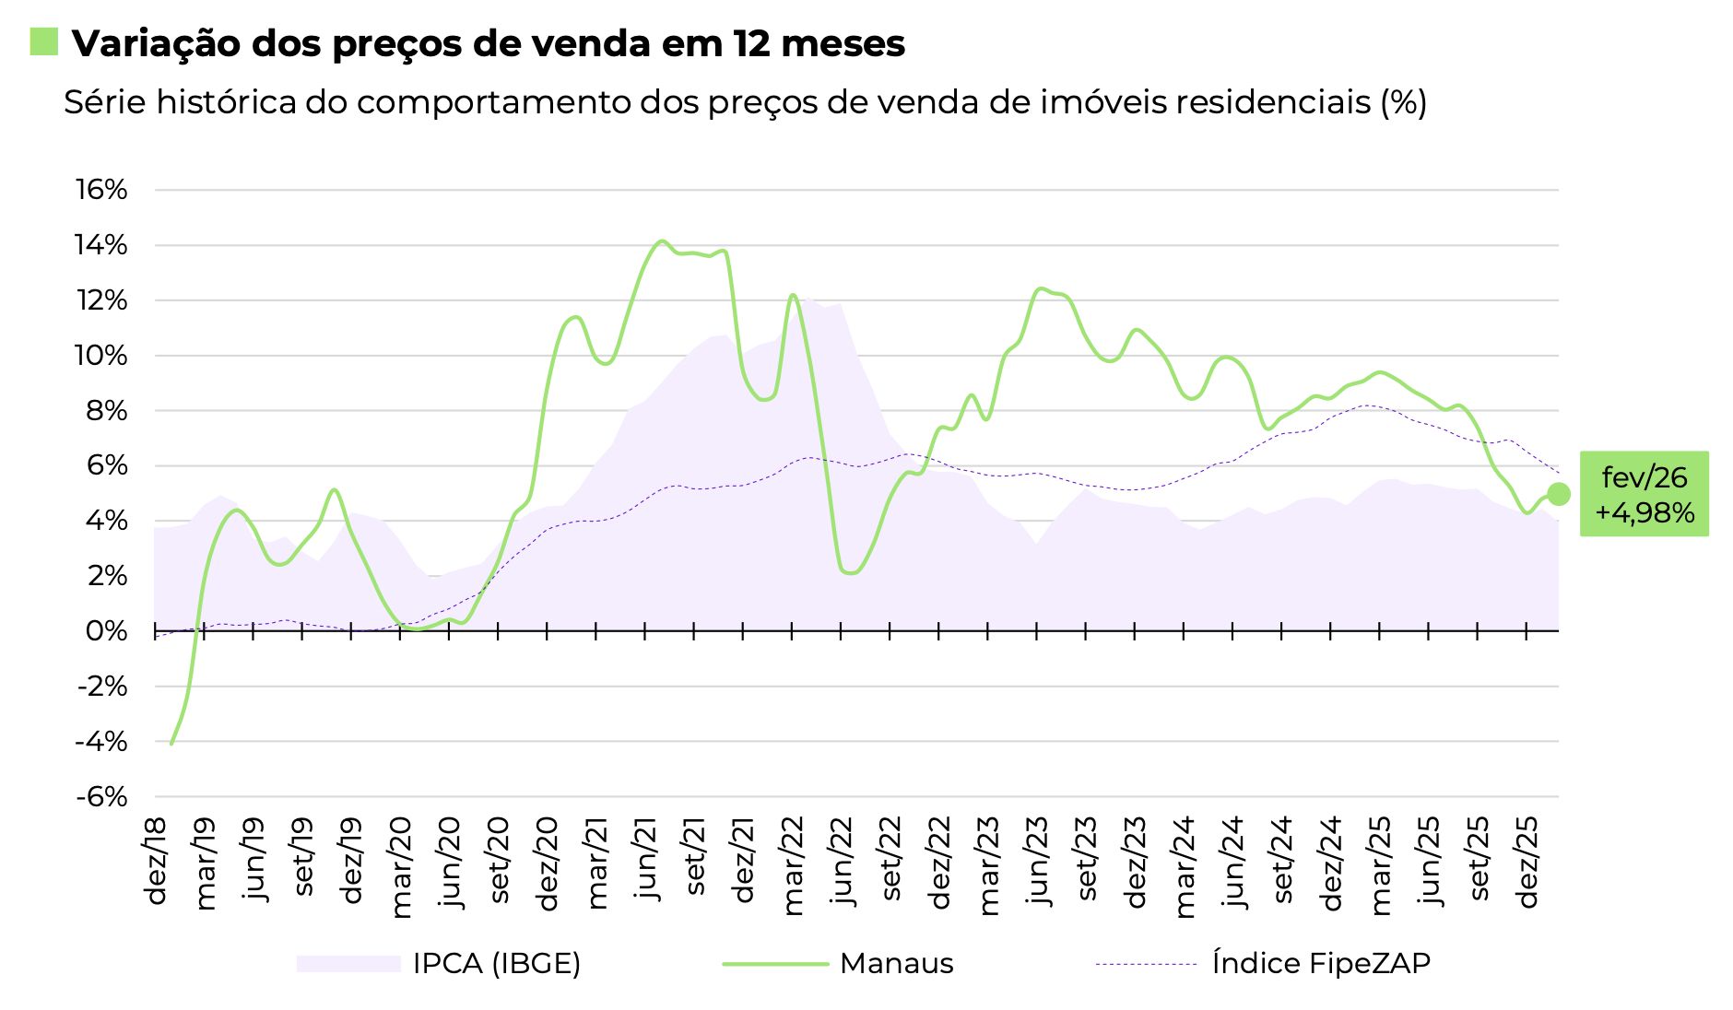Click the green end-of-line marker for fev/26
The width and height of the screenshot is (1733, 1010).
1558,494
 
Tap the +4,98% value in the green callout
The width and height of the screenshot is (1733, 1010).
1645,513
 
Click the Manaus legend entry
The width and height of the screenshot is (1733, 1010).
896,963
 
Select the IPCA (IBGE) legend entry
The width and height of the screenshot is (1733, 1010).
496,963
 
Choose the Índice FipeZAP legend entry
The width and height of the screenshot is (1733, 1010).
1321,963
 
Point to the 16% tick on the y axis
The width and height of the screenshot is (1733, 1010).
101,190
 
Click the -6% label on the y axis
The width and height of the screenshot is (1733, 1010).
101,796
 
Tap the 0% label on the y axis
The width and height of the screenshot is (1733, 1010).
107,631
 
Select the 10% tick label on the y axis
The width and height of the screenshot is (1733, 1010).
101,356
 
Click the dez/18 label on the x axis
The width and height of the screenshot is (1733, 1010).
157,860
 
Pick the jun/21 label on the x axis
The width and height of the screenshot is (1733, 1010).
647,858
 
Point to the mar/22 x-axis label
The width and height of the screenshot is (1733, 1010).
794,864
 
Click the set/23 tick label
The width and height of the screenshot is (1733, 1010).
1088,858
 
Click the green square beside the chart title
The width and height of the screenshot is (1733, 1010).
43,41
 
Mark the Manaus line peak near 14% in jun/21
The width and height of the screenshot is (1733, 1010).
661,241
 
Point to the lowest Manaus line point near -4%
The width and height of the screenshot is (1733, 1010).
171,743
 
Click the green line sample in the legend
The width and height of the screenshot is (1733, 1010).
775,964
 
